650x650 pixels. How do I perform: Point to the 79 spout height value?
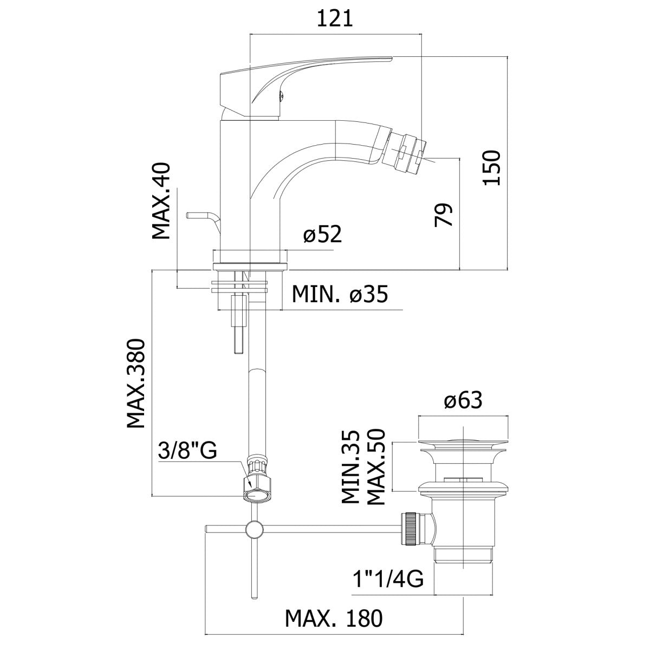pyautogui.click(x=444, y=215)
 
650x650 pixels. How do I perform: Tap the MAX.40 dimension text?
pyautogui.click(x=161, y=201)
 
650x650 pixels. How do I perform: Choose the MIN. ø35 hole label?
pyautogui.click(x=340, y=295)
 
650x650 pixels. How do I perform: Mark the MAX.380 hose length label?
pyautogui.click(x=136, y=383)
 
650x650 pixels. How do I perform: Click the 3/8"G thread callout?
pyautogui.click(x=187, y=450)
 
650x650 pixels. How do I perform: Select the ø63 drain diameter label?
pyautogui.click(x=463, y=401)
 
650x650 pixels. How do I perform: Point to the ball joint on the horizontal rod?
pyautogui.click(x=253, y=529)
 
